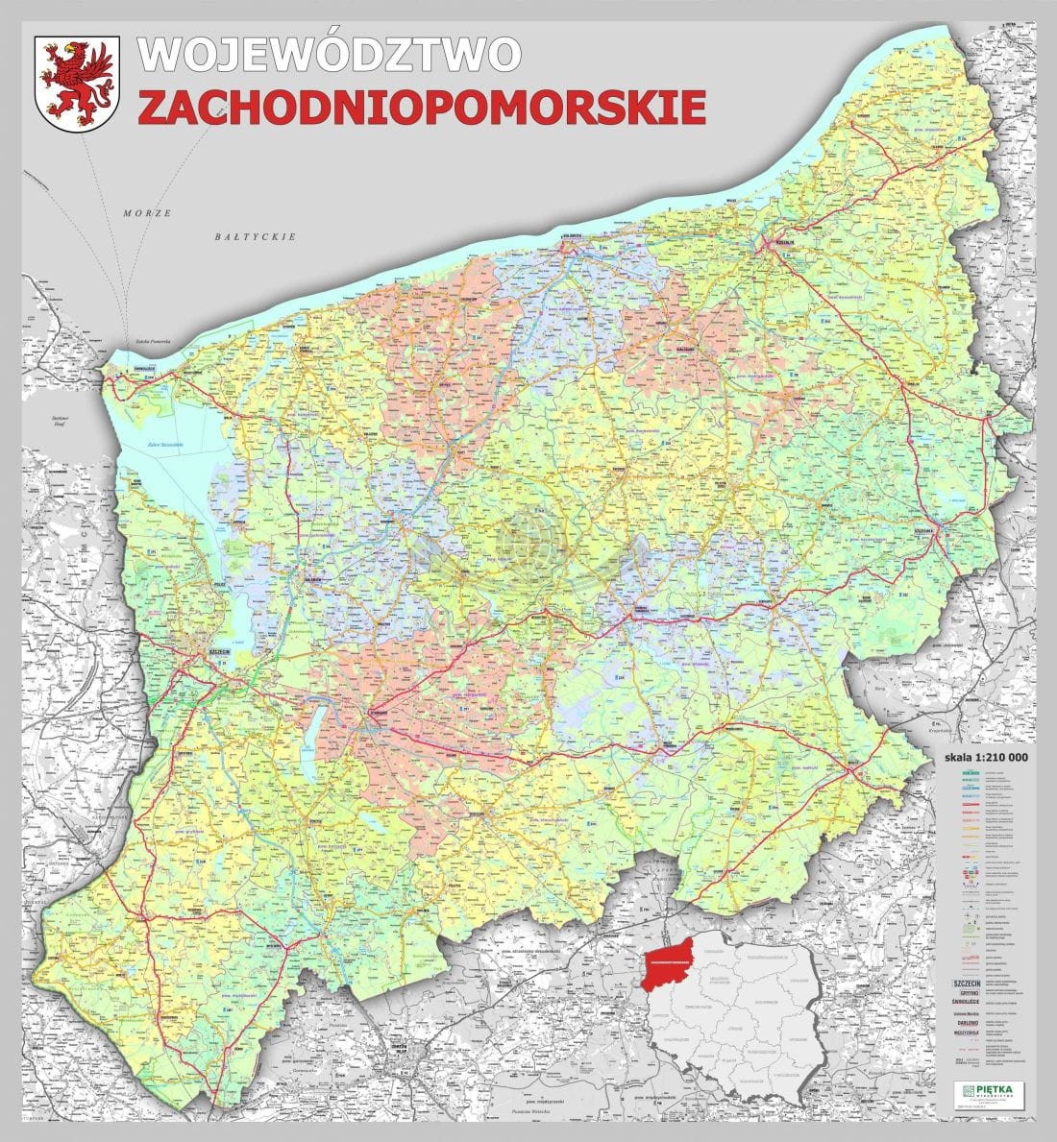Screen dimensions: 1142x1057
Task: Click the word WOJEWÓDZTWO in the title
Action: click(x=330, y=54)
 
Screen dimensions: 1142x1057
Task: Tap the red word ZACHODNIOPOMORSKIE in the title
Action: click(x=421, y=107)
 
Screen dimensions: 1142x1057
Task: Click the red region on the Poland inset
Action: click(x=671, y=960)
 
